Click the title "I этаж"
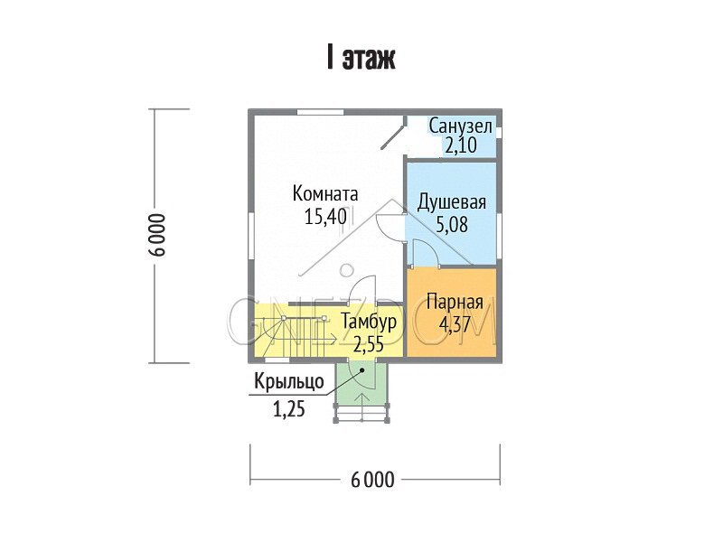point(361,58)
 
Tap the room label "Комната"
point(325,193)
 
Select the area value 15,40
point(325,216)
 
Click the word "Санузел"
point(461,126)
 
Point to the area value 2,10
point(461,145)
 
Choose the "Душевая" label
point(451,202)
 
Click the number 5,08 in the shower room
point(451,224)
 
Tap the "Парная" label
point(455,303)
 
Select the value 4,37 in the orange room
point(455,324)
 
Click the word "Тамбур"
point(369,322)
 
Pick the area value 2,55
point(369,343)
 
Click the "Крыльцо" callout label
point(289,381)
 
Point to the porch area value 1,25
point(289,408)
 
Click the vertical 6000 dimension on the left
point(158,235)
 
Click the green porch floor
point(362,383)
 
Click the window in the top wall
point(320,112)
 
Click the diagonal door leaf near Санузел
point(392,137)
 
